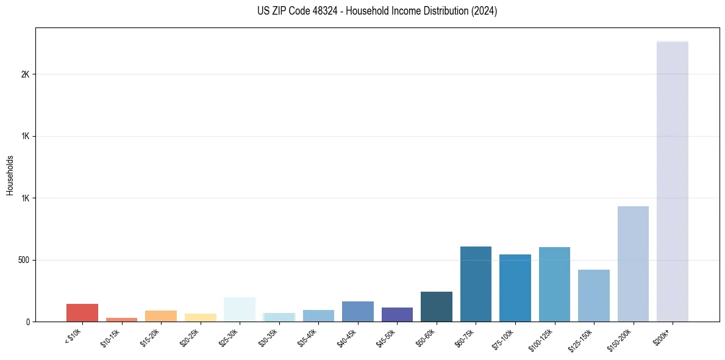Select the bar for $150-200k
point(633,264)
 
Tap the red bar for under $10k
point(82,312)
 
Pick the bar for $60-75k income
point(476,284)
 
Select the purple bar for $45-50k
point(397,314)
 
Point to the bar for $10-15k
point(121,319)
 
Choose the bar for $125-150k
point(593,295)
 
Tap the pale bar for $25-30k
point(240,309)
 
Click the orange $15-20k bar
point(161,316)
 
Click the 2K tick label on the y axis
point(25,74)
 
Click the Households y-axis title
point(10,175)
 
